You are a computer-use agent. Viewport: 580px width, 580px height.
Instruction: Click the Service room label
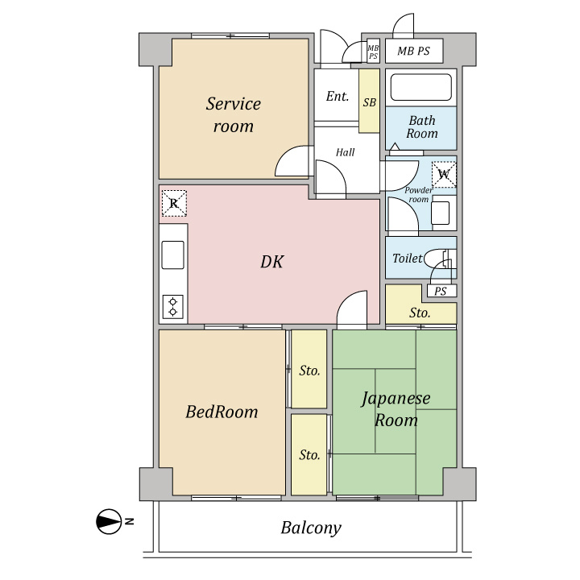pos(234,114)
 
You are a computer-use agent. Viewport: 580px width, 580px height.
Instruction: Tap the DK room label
pos(272,262)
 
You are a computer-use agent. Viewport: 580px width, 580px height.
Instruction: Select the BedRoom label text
pos(222,412)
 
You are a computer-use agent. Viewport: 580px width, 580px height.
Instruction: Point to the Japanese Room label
pos(396,409)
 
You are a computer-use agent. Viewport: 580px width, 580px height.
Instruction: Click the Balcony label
pos(311,528)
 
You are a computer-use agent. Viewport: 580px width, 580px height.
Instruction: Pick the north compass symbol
pos(109,521)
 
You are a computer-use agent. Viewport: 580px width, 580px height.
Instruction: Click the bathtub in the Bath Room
pos(421,87)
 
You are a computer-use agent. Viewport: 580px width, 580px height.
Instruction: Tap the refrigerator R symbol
pos(174,203)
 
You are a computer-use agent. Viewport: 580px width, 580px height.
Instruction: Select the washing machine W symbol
pos(444,174)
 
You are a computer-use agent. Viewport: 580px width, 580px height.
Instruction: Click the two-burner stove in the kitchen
pos(172,307)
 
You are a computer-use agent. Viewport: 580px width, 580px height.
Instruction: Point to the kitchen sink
pos(172,255)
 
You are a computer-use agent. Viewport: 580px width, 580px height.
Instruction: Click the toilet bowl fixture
pos(440,259)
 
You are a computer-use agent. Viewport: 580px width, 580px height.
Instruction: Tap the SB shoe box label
pos(369,102)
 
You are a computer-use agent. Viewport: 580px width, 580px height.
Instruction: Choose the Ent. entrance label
pos(338,97)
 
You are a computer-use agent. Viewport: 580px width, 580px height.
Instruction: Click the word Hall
pos(345,152)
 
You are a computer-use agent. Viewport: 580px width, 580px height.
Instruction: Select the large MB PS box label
pos(413,51)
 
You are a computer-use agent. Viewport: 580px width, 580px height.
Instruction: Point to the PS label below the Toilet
pos(440,291)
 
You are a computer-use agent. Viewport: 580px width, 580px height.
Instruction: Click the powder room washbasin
pos(441,213)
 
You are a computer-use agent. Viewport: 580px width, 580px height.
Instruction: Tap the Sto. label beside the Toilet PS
pos(420,313)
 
